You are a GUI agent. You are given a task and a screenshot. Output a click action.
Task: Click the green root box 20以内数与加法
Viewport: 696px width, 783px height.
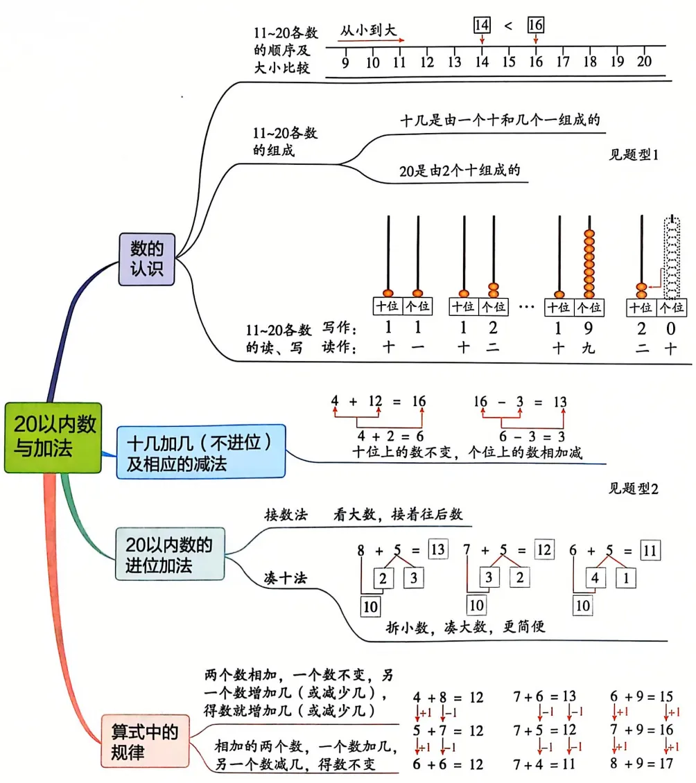point(53,438)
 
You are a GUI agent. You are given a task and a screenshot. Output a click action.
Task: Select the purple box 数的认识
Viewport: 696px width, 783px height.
point(146,258)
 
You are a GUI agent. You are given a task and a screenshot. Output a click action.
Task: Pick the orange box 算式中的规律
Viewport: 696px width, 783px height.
point(145,741)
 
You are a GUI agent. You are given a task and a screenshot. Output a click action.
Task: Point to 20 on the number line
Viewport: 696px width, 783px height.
point(644,61)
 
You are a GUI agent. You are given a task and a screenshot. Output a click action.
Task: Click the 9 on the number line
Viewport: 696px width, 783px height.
point(345,62)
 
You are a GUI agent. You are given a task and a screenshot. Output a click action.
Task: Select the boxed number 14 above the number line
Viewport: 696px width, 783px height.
point(481,25)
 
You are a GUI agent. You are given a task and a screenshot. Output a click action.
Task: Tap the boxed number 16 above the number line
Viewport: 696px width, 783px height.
point(535,25)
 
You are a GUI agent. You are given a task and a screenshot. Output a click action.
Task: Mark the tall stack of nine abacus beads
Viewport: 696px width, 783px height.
point(589,262)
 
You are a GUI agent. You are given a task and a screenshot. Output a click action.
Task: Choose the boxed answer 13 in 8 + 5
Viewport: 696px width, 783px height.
point(437,550)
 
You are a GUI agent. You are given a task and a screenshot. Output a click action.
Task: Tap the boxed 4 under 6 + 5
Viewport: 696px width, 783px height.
point(595,577)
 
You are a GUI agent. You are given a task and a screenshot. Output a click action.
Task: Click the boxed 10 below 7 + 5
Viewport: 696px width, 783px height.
point(476,606)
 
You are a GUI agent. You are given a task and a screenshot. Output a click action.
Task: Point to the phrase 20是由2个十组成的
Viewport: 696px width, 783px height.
point(460,170)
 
